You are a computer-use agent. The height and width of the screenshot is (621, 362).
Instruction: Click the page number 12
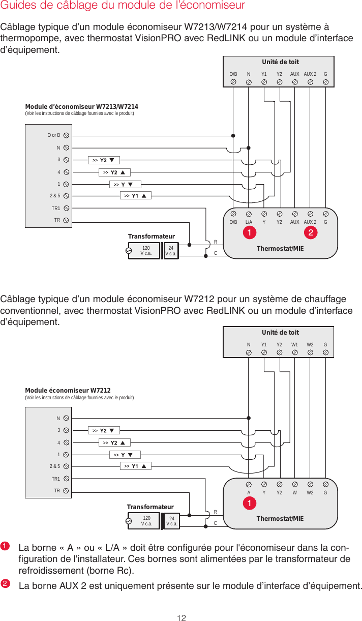click(x=181, y=617)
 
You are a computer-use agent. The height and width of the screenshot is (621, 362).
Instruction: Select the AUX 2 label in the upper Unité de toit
click(x=310, y=74)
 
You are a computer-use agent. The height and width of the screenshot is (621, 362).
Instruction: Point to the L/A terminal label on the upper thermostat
click(x=249, y=222)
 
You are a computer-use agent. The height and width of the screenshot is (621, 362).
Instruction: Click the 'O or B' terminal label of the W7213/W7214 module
click(x=54, y=135)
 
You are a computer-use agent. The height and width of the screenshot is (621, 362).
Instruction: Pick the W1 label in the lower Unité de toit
click(x=295, y=345)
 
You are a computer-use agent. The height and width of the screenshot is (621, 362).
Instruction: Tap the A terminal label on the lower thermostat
click(x=249, y=492)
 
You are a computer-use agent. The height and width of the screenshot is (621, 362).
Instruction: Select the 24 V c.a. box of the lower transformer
click(x=171, y=521)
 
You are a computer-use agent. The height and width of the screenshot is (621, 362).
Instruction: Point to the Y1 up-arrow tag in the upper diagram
click(x=136, y=196)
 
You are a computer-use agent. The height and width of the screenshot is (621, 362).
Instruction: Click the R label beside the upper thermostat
click(x=216, y=242)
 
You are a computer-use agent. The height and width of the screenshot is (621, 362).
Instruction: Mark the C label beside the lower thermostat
click(x=216, y=523)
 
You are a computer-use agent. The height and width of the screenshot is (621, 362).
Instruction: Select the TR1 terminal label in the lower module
click(x=56, y=479)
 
